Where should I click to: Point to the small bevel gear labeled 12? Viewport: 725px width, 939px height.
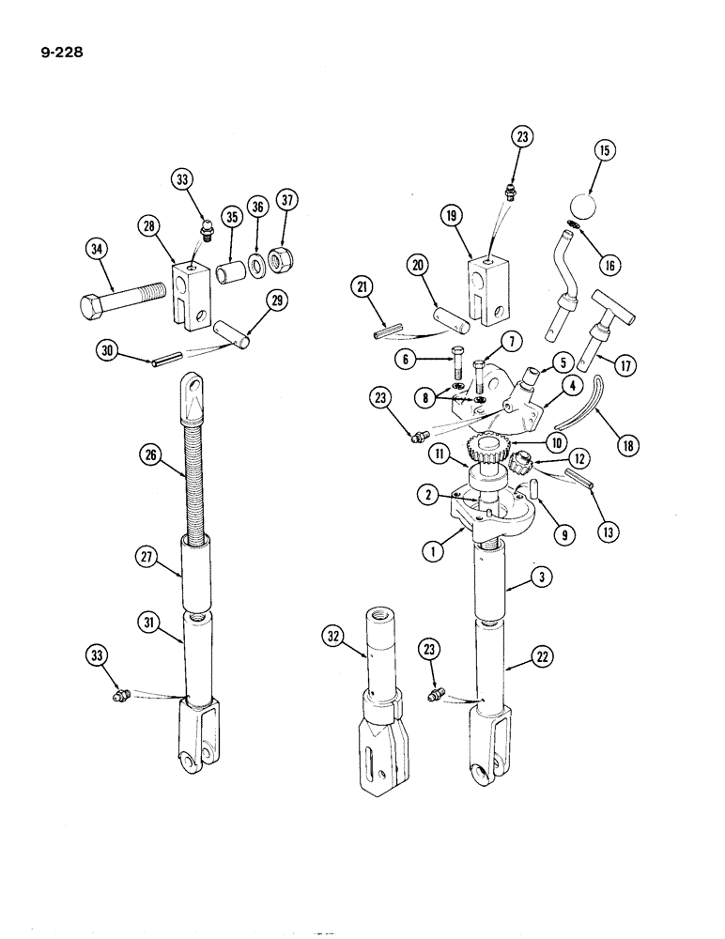[x=521, y=462]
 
